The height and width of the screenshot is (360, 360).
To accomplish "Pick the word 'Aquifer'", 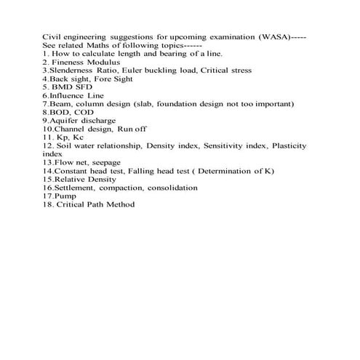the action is pos(62,121).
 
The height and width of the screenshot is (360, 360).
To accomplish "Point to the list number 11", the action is pos(48,137).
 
